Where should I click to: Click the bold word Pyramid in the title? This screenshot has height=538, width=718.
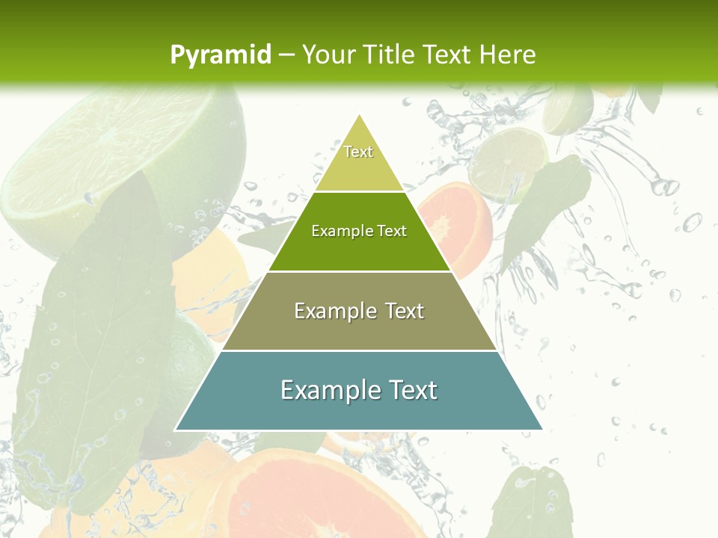point(221,55)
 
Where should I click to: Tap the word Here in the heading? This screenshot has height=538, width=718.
point(508,55)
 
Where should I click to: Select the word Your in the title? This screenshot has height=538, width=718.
point(330,55)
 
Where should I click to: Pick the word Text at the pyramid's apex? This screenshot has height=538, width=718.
point(358,152)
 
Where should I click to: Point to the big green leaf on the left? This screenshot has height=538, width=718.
point(90,344)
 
